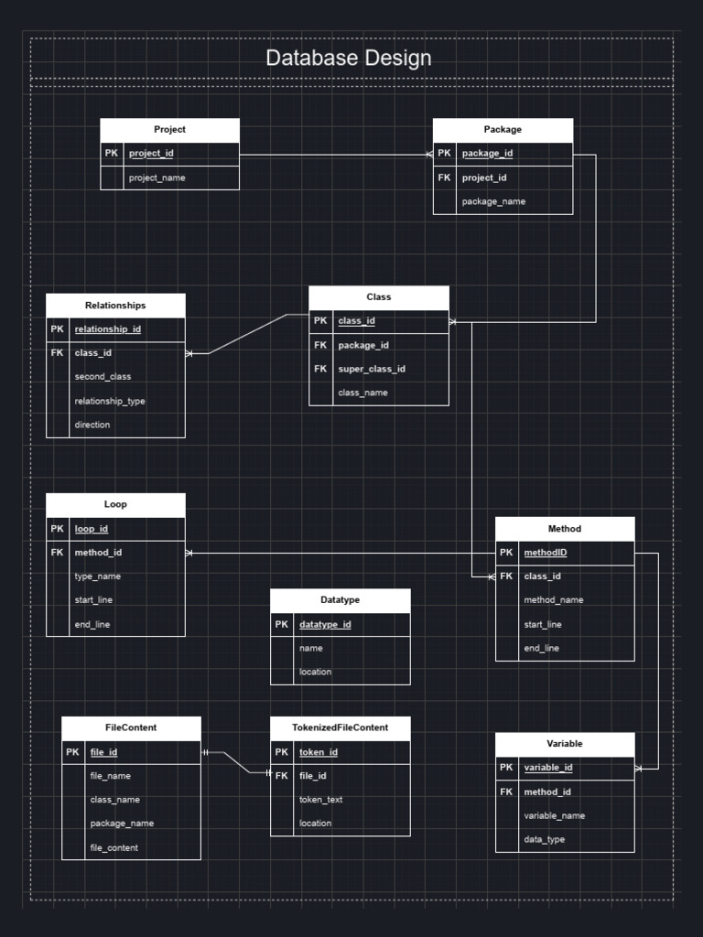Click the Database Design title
pos(348,59)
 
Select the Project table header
pos(169,130)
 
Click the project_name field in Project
pos(157,178)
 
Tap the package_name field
pos(493,201)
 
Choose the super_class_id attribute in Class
pos(372,369)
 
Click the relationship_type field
pos(110,401)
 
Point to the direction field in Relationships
pos(92,425)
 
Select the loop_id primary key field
pos(92,529)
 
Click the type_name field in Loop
pos(97,576)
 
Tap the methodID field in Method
pos(546,553)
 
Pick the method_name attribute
pos(554,600)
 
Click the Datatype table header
pos(340,600)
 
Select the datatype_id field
pos(325,625)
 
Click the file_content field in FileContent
pos(114,847)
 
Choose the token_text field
pos(321,800)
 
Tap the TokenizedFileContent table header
pos(340,727)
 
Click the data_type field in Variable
pos(544,839)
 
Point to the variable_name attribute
pos(555,815)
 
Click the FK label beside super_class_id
pos(320,369)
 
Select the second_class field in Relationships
pos(103,377)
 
